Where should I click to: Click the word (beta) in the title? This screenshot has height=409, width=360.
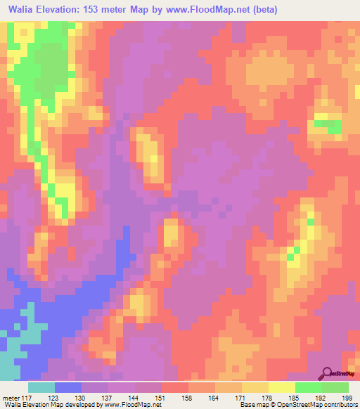pyautogui.click(x=262, y=10)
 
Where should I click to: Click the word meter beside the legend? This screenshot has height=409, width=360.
pyautogui.click(x=11, y=398)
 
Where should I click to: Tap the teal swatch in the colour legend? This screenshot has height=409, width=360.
pyautogui.click(x=41, y=387)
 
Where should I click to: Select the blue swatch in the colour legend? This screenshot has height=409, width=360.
pyautogui.click(x=68, y=387)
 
